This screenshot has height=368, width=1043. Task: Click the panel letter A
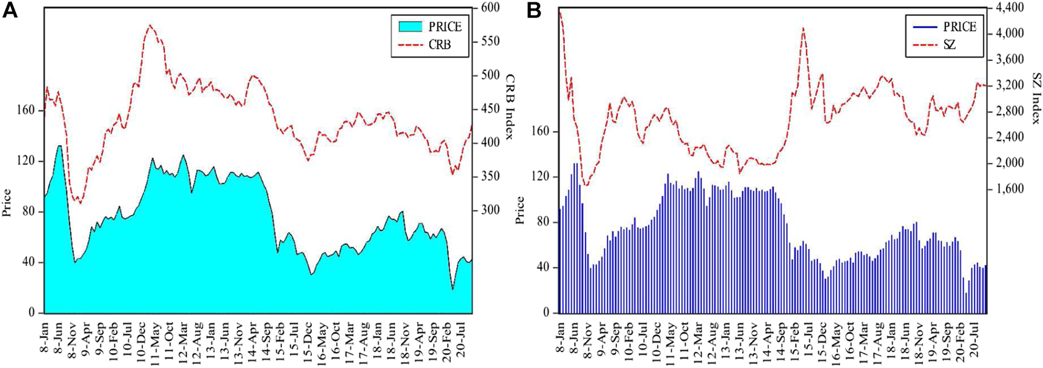[9, 10]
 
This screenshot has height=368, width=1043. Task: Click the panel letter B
[533, 10]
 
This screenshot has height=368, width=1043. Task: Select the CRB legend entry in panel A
[440, 44]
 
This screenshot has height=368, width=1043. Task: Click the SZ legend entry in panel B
[949, 45]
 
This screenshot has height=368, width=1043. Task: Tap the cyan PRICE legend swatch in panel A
[410, 26]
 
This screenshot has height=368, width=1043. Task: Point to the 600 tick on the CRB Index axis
[489, 8]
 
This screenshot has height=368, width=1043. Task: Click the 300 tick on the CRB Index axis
[489, 210]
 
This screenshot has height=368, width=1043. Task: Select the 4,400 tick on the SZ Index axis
[1008, 8]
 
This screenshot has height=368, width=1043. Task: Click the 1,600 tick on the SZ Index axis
[1008, 189]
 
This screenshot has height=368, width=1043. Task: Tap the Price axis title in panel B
[520, 210]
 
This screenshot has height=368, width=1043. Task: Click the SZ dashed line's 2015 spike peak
[803, 28]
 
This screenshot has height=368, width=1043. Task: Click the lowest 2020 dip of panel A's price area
[453, 289]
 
